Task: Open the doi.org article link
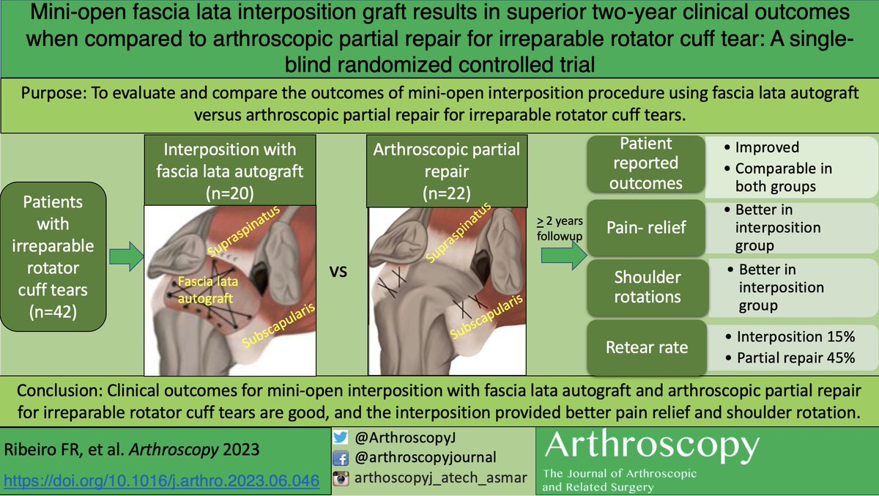click(x=160, y=481)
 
